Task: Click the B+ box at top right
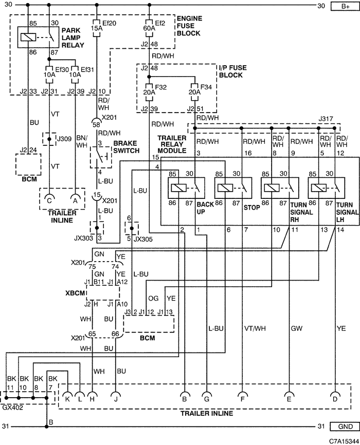coord(345,6)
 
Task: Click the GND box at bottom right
coord(345,427)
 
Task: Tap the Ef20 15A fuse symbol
coord(97,28)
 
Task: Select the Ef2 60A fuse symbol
coord(150,28)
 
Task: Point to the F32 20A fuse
coord(149,92)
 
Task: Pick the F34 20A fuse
coord(194,92)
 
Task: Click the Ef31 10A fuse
coord(75,75)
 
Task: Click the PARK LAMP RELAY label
coord(73,38)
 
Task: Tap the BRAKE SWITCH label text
coord(127,147)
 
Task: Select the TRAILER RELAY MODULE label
coord(172,144)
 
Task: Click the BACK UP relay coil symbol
coord(179,188)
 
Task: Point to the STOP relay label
coord(252,208)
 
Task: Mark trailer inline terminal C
coord(49,199)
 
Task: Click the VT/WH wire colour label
coord(255,328)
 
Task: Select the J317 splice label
coord(326,119)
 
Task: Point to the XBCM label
coord(75,292)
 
